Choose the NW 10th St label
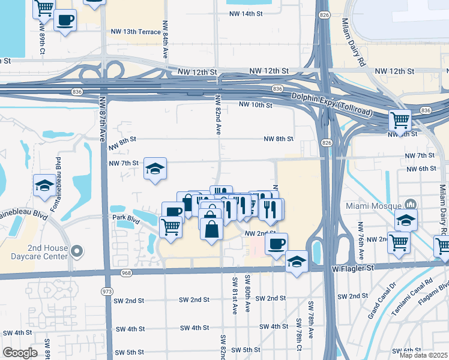click(x=256, y=105)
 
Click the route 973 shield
click(x=107, y=292)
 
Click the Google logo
click(x=20, y=353)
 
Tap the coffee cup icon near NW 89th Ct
click(x=65, y=20)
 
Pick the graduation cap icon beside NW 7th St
click(x=155, y=170)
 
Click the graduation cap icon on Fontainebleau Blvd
click(x=44, y=185)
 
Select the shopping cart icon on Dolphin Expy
click(x=399, y=119)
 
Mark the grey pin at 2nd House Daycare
click(x=77, y=251)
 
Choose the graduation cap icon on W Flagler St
click(x=296, y=262)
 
